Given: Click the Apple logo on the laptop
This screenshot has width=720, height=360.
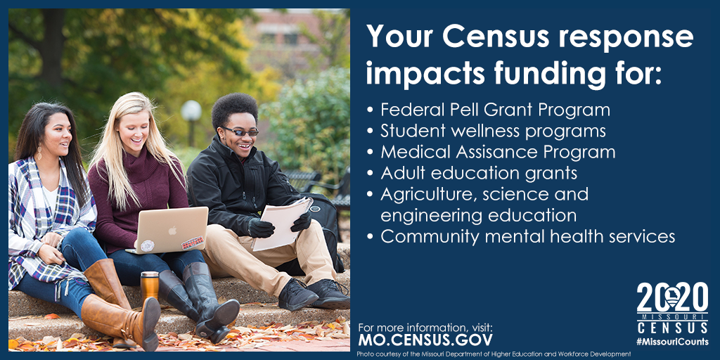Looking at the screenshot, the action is click(172, 230).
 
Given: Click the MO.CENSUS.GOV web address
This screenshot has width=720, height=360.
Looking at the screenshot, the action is click(425, 340).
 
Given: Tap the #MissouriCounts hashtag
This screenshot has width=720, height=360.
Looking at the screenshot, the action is click(672, 342).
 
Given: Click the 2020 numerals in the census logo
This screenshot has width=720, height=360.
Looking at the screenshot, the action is click(672, 297).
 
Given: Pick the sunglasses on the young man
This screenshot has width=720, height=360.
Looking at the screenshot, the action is click(240, 131).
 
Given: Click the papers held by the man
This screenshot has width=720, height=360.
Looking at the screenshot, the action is click(281, 224).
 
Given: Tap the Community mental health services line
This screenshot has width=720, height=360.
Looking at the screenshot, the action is click(521, 236).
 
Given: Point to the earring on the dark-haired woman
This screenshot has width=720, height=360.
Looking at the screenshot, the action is click(39, 153).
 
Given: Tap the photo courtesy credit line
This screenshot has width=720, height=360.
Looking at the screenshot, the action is click(494, 354).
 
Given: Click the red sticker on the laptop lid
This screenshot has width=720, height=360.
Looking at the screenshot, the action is click(193, 243).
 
